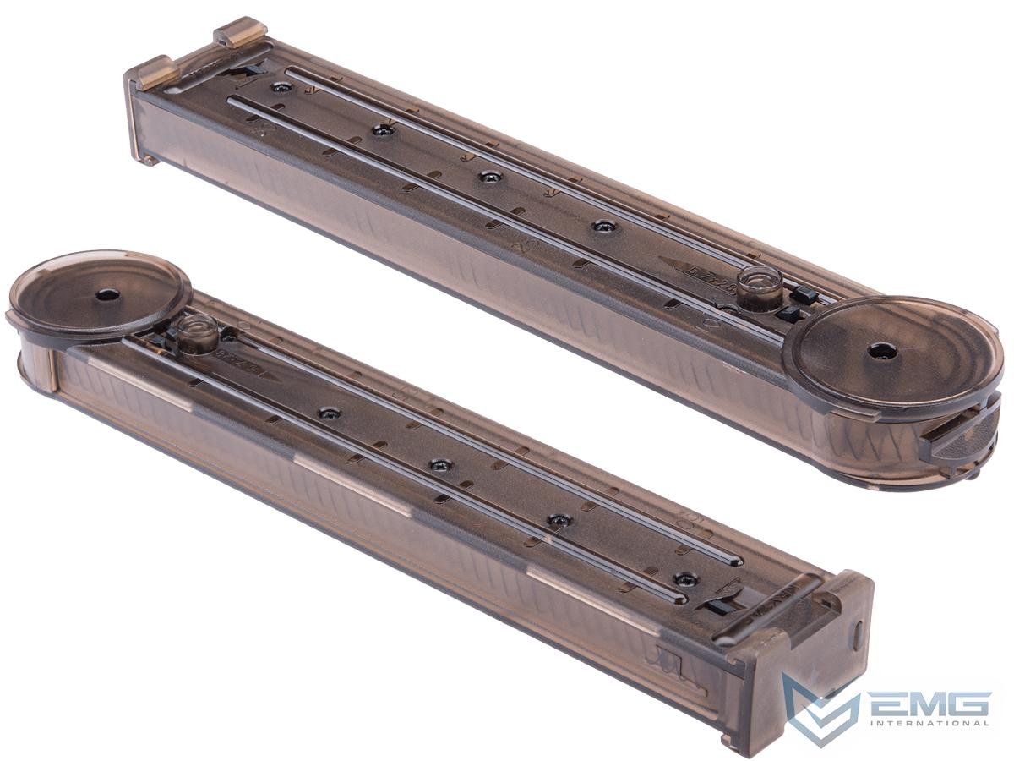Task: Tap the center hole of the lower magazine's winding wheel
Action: [106, 295]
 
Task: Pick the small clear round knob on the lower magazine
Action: [199, 331]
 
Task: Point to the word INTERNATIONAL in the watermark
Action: [926, 723]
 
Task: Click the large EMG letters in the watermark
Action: [926, 703]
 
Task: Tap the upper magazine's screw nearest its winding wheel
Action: [603, 226]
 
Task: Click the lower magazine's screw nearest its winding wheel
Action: [329, 413]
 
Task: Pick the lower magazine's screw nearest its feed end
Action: [685, 579]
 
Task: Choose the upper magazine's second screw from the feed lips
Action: [383, 130]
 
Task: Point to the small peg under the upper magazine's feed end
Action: [147, 159]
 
